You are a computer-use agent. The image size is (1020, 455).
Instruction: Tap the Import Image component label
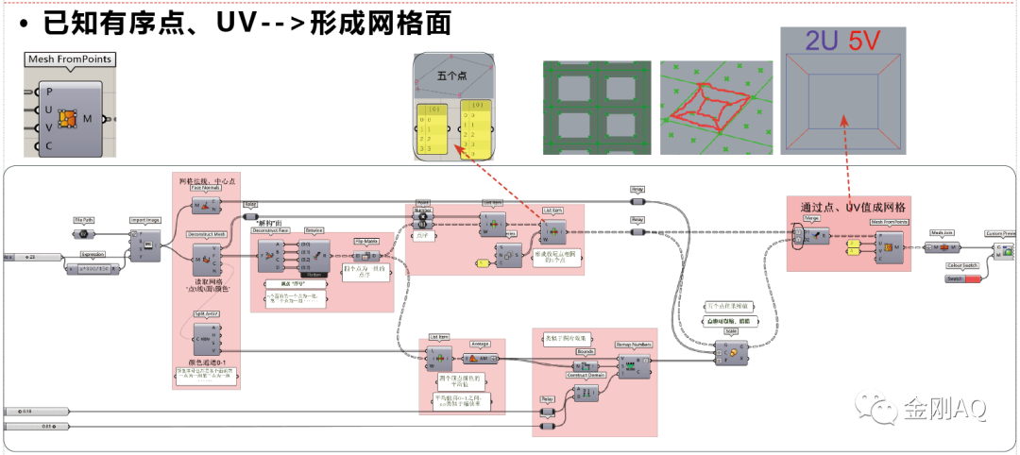[x=144, y=220]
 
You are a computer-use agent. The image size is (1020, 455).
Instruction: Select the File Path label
[x=83, y=220]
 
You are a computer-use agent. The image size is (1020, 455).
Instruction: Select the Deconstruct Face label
[x=270, y=230]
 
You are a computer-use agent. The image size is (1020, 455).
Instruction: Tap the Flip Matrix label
[x=365, y=241]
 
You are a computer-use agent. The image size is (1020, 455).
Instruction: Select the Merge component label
[x=810, y=217]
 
